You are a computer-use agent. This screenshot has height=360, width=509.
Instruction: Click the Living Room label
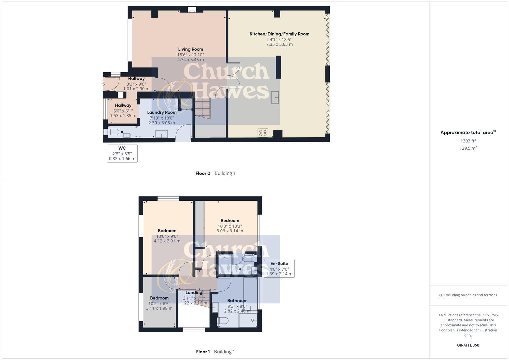(190, 49)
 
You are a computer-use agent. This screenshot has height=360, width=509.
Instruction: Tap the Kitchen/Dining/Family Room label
(279, 34)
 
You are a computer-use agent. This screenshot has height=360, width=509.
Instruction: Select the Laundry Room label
(162, 112)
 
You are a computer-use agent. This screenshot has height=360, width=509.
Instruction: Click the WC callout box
(122, 153)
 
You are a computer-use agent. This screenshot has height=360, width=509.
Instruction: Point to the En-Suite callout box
(279, 269)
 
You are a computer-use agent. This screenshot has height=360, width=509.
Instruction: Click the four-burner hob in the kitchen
(263, 133)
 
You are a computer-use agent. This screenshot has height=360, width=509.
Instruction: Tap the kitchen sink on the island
(275, 97)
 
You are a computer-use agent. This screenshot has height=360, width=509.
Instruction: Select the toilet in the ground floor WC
(112, 132)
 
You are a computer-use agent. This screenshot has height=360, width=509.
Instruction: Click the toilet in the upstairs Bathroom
(222, 321)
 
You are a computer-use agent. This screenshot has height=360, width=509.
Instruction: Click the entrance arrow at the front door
(104, 84)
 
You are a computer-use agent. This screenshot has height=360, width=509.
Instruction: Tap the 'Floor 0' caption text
(203, 173)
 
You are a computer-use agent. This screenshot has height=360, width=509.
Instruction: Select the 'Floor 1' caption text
(203, 352)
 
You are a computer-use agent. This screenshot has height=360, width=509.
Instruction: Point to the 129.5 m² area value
(468, 148)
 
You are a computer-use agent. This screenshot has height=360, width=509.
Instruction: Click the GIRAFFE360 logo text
(468, 345)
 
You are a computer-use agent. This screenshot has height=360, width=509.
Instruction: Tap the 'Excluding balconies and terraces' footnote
(468, 295)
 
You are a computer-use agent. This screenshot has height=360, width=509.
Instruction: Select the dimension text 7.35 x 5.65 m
(279, 44)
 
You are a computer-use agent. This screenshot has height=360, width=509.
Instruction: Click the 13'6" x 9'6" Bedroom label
(167, 231)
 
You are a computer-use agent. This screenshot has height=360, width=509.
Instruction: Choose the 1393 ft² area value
(468, 141)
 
